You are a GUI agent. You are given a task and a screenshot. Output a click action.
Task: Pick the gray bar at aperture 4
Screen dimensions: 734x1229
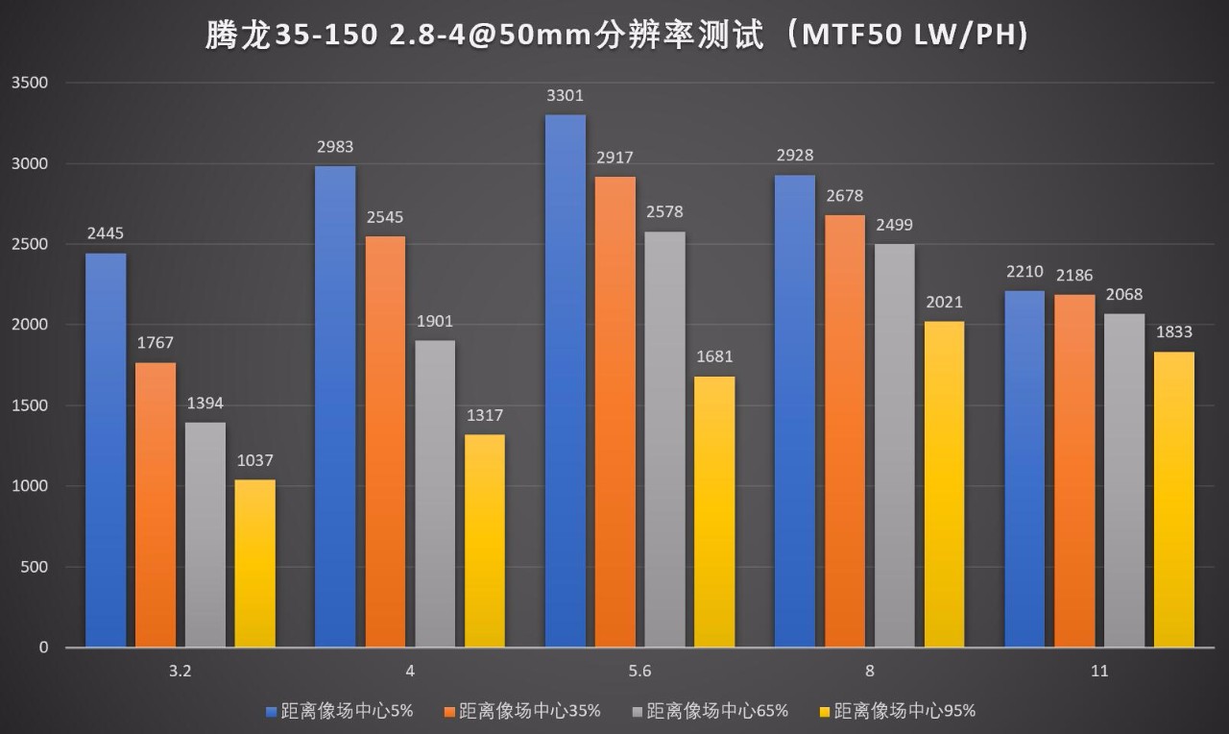click(x=435, y=494)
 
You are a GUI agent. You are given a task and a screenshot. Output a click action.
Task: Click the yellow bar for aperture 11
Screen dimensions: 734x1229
click(x=1173, y=500)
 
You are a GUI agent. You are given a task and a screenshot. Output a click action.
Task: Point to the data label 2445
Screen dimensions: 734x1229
click(x=106, y=233)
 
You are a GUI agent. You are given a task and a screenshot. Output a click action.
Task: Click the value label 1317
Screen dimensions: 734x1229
click(x=484, y=415)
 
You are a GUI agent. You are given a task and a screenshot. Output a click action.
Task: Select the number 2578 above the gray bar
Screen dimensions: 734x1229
click(x=664, y=212)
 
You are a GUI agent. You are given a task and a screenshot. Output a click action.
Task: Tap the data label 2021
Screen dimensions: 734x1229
click(x=944, y=302)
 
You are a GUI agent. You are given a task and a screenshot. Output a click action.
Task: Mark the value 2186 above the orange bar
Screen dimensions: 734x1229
click(x=1073, y=276)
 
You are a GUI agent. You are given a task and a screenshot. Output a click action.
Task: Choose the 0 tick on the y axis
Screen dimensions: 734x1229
click(x=43, y=648)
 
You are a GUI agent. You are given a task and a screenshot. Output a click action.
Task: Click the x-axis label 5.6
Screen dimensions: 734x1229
click(x=639, y=672)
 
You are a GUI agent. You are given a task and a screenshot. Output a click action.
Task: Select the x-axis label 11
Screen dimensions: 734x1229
click(x=1099, y=672)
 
